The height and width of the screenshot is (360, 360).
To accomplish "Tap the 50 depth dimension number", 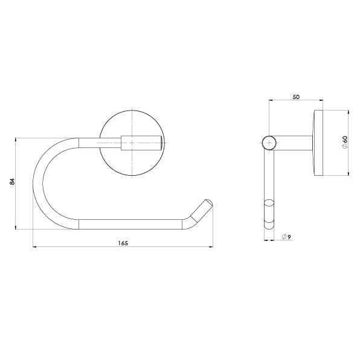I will pyautogui.click(x=295, y=97).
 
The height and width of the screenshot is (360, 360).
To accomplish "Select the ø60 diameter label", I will pyautogui.click(x=344, y=143).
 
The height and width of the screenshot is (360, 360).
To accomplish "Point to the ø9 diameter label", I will pyautogui.click(x=287, y=237).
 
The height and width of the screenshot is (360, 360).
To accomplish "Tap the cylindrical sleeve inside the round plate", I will pyautogui.click(x=141, y=143).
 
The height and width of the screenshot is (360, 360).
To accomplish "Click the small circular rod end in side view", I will pyautogui.click(x=269, y=143).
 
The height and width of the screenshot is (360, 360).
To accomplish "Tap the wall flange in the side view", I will pyautogui.click(x=318, y=143).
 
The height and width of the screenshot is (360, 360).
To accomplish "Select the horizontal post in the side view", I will pyautogui.click(x=294, y=143).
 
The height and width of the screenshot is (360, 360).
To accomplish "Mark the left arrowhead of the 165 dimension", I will pyautogui.click(x=34, y=246).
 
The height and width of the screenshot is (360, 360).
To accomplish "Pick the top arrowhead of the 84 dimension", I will pyautogui.click(x=16, y=140).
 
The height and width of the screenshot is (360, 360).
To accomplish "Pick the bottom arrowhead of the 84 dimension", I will pyautogui.click(x=16, y=228).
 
